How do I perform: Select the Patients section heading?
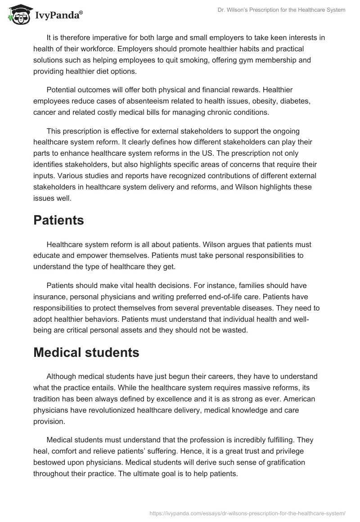[59, 221]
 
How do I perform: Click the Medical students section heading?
[86, 352]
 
